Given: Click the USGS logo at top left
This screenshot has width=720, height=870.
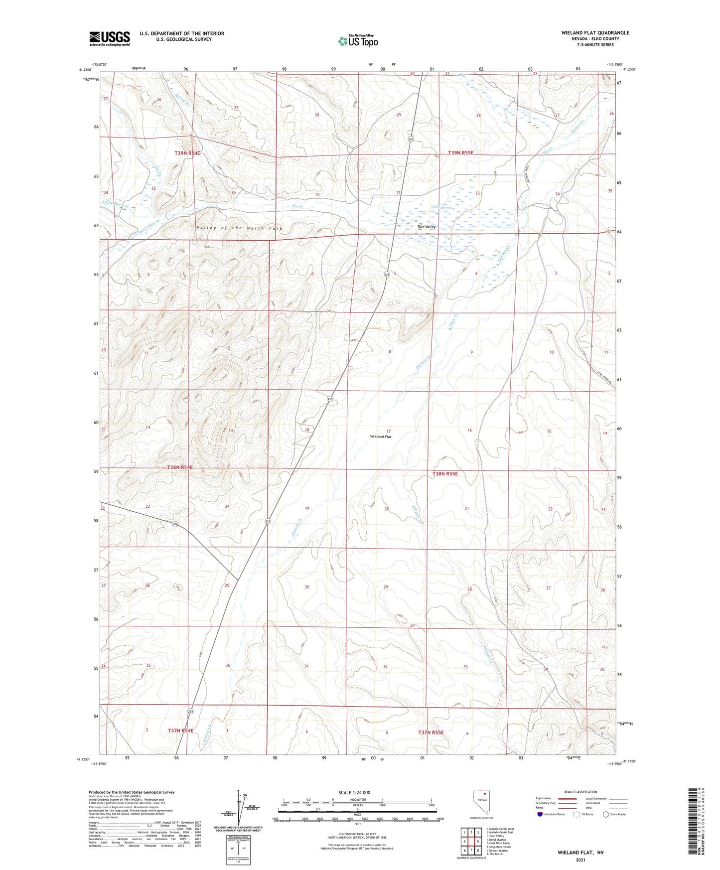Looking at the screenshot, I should pos(109,38).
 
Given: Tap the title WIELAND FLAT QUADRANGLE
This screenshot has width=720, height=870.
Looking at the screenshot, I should pos(595,33).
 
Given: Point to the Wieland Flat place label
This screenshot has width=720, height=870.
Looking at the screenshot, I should pos(381,436).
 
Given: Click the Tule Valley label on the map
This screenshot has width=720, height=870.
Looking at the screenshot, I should pos(426,227).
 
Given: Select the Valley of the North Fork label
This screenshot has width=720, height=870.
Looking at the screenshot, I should pos(240,228).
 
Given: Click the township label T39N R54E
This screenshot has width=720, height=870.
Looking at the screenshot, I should pos(187,153).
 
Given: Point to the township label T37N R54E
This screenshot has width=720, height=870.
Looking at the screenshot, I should pos(180,730).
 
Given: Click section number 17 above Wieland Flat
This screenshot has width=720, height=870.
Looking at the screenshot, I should pos(388,431).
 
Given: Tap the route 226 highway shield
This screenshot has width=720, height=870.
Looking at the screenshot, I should pos(175,524).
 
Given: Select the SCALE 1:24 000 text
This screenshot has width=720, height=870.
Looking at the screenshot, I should pos(354,792).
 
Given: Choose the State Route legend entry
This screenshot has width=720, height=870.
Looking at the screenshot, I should pos(614,814).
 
